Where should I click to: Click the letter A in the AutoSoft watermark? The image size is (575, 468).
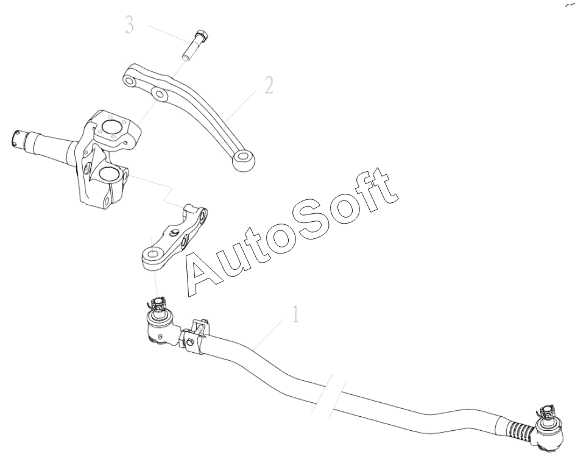pyautogui.click(x=210, y=269)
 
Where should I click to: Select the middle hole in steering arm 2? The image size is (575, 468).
pyautogui.click(x=160, y=94)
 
